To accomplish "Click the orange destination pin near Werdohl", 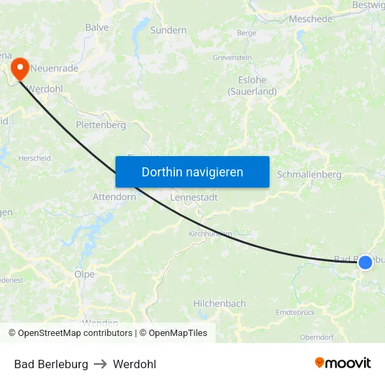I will pos(19,67).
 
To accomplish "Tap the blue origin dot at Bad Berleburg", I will pos(365,262).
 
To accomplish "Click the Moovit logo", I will pos(343,363).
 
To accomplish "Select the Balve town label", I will pos(97,27).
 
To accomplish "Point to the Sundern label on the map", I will pos(169,30).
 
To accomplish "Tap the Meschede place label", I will pos(310,19).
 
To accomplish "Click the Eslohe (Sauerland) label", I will pos(252,85).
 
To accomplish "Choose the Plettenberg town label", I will pos(101,125).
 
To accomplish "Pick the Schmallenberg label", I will pos(309,174).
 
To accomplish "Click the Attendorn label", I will pos(114,197).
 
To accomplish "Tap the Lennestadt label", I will pos(194,197).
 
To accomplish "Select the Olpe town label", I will pos(85,274).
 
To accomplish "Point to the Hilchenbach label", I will pos(220,304).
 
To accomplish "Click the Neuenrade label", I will pos(55,69).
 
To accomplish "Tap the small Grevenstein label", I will pos(232,57).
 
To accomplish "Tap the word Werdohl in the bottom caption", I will pos(134,364).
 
